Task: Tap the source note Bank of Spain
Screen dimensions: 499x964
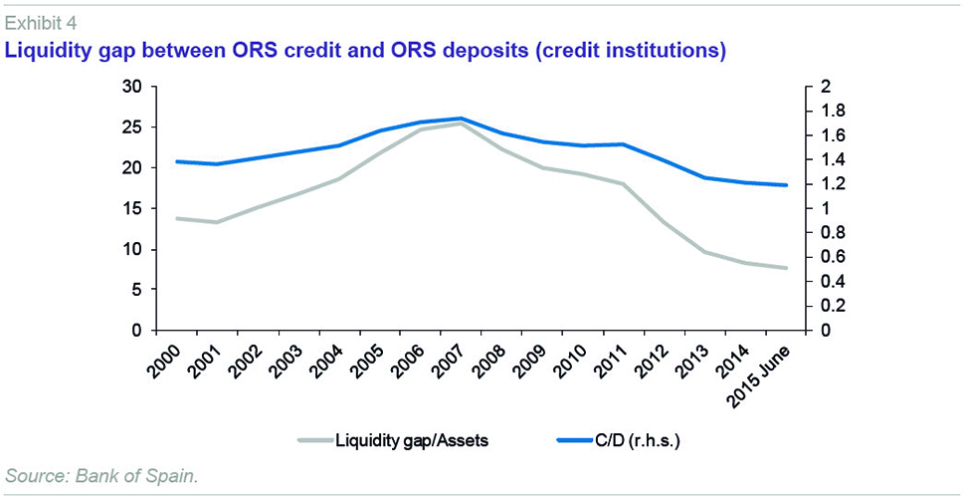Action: click(x=101, y=476)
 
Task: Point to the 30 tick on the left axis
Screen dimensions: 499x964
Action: click(x=131, y=87)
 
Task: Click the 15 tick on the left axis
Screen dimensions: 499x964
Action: click(x=131, y=208)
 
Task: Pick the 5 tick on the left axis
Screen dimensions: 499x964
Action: click(x=136, y=290)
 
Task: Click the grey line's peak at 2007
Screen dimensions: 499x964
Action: click(x=462, y=123)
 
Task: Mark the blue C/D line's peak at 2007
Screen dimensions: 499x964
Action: click(x=462, y=119)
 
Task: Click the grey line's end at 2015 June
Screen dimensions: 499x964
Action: click(x=786, y=268)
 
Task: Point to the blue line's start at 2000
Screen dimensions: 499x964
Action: click(x=177, y=161)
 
